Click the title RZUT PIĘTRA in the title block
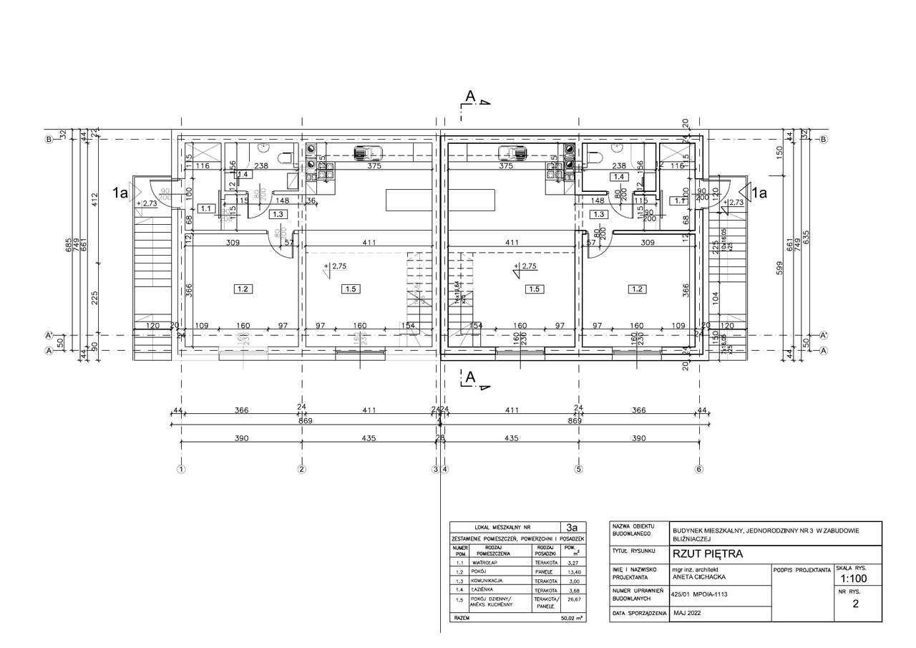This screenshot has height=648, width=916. (707, 553)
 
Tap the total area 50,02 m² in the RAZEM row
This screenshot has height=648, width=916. (570, 616)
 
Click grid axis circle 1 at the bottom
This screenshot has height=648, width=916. (181, 470)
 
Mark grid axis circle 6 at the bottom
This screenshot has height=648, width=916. (699, 470)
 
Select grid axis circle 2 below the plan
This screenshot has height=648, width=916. (301, 470)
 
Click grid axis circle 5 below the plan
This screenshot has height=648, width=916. (579, 470)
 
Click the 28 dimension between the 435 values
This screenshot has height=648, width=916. (440, 437)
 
